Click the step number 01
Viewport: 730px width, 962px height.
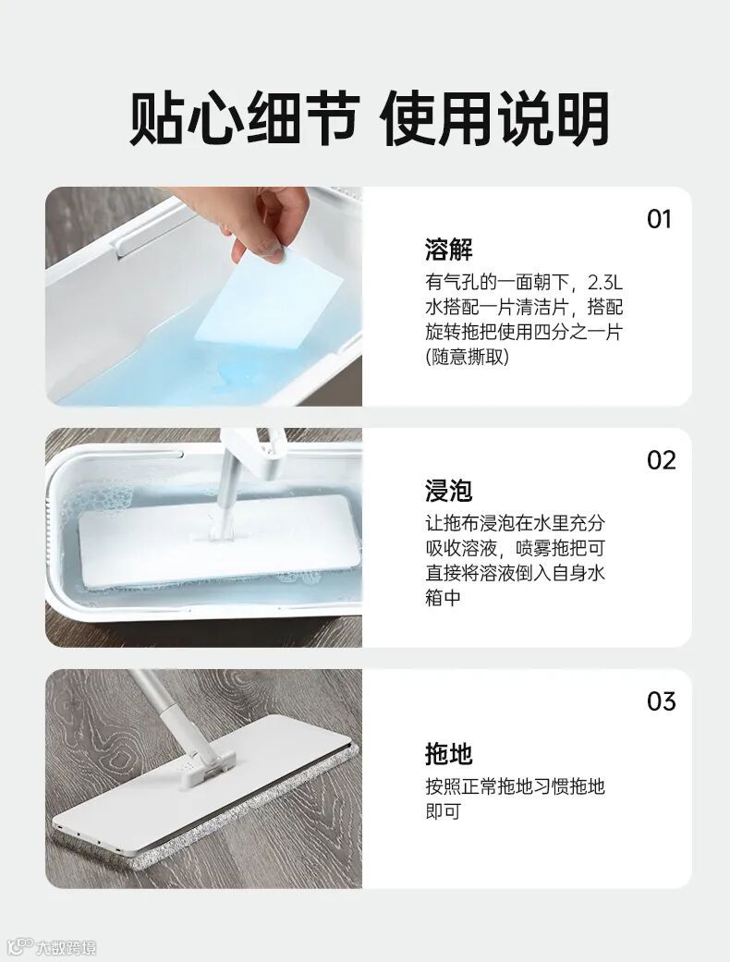pos(660,219)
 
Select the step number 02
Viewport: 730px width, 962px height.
pos(661,460)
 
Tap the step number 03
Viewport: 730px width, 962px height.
pos(661,701)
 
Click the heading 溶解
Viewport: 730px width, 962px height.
pos(449,250)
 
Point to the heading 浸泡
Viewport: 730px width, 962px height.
pos(449,490)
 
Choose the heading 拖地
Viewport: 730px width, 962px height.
pos(449,754)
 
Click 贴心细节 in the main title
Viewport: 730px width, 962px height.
pos(244,117)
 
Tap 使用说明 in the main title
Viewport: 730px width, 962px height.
pos(495,117)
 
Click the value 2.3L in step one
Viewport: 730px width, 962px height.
pos(605,283)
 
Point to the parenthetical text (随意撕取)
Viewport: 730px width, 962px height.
pos(468,357)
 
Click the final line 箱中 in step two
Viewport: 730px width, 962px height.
pos(443,597)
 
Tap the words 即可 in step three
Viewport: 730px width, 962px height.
pos(443,811)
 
